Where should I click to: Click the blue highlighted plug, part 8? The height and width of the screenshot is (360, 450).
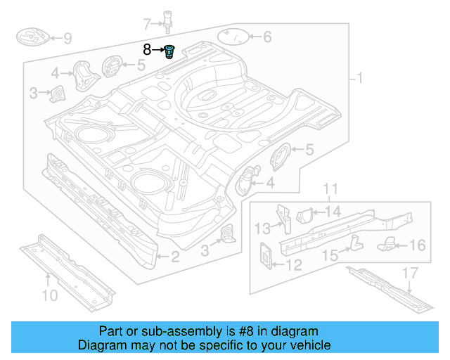[169, 51]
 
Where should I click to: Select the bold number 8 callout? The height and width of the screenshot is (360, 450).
[147, 49]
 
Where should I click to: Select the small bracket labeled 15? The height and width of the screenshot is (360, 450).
[354, 243]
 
